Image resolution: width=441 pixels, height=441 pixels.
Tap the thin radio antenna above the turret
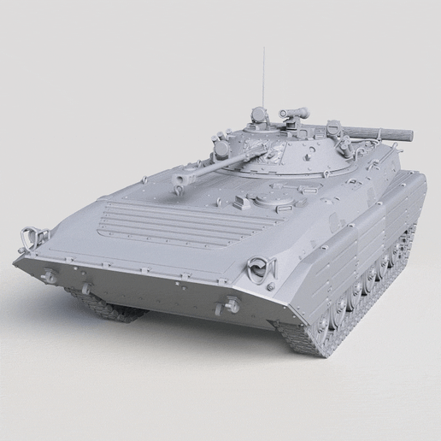(x=264, y=77)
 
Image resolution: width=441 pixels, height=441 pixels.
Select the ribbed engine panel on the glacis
(x=162, y=224)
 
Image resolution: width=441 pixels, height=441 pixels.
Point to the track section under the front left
(x=103, y=303)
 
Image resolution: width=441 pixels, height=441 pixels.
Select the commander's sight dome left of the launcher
(x=258, y=114)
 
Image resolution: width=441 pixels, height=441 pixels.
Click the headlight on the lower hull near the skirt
(x=230, y=305)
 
